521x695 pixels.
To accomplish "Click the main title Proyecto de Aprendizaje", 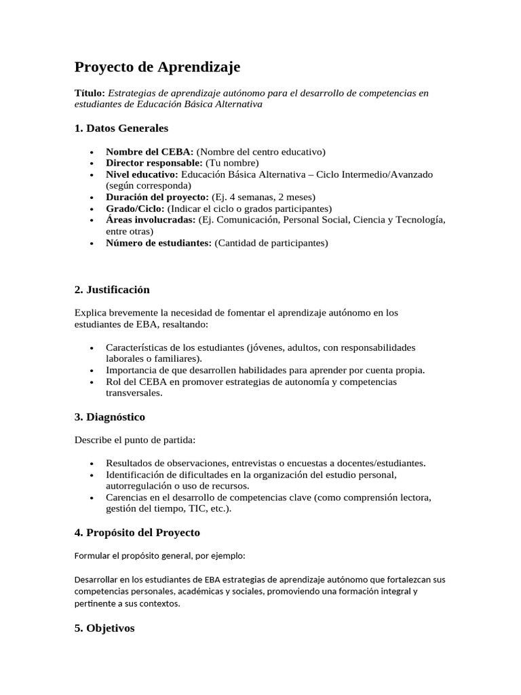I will click(x=157, y=67).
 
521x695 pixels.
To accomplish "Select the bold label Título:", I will click(x=90, y=93).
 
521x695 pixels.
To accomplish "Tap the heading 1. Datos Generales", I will click(x=121, y=128).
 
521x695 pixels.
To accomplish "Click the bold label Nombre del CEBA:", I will click(x=149, y=151).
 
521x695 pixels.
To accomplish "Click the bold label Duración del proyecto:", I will click(x=157, y=197).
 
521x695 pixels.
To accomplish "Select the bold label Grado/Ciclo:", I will click(x=135, y=208).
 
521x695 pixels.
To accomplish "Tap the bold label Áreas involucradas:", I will click(x=151, y=220).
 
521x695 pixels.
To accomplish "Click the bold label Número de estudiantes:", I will click(x=159, y=243).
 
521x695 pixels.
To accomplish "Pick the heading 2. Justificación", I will click(x=112, y=290).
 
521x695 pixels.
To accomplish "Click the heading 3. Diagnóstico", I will click(x=109, y=417).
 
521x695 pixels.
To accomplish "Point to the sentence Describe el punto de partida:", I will click(x=134, y=440).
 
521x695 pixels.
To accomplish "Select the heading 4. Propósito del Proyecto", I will click(x=137, y=532).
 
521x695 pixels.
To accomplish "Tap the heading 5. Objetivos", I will click(x=104, y=628).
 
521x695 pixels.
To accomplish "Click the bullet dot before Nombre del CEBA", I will click(x=92, y=152).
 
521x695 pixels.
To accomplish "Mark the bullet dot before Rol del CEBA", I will click(x=92, y=382).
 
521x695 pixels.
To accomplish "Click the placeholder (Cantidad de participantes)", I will click(x=271, y=243).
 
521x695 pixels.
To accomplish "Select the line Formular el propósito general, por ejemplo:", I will click(x=159, y=555).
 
